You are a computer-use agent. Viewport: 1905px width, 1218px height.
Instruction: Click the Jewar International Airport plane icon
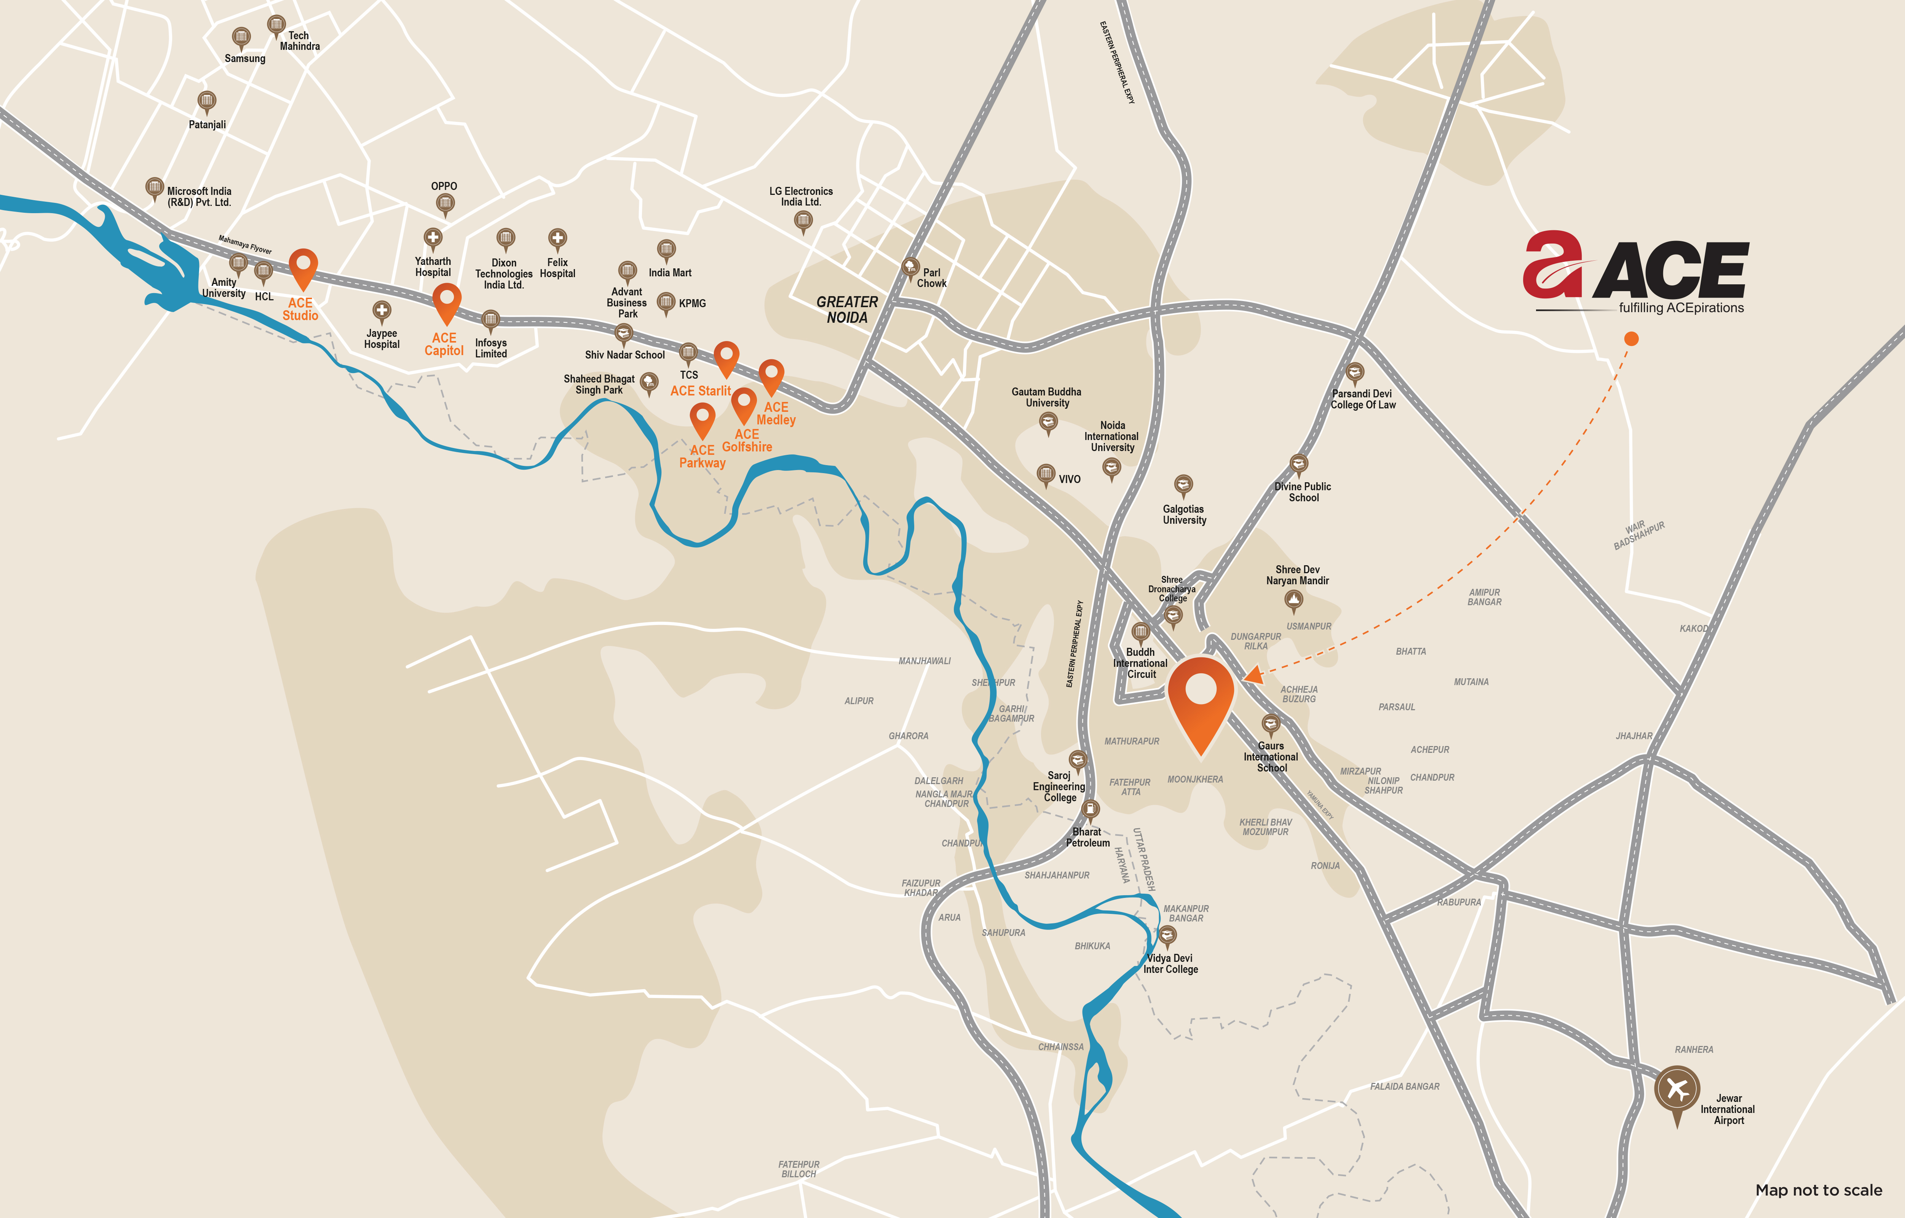(x=1677, y=1090)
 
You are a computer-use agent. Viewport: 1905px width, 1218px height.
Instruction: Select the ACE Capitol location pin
(x=446, y=301)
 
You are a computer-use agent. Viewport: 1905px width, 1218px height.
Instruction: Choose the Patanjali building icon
(x=206, y=100)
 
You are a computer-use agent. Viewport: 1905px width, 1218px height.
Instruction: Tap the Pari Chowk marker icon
(x=910, y=266)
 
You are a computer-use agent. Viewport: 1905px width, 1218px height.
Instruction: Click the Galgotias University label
(x=1184, y=515)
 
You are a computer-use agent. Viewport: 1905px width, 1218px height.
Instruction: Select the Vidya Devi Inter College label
(x=1171, y=963)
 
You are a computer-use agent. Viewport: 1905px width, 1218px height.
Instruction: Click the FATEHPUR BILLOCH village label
(x=799, y=1169)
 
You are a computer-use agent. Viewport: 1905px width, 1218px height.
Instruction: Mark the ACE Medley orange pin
(x=771, y=373)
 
